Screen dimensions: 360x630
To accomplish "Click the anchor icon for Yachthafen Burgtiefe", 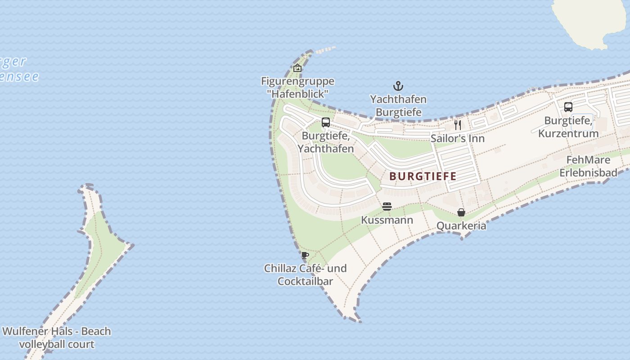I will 398,85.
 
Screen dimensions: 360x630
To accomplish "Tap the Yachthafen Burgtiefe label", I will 398,105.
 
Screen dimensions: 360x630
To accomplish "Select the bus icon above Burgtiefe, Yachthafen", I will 326,122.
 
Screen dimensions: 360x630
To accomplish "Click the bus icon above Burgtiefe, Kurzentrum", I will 568,107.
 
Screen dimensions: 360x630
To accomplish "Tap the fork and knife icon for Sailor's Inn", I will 458,125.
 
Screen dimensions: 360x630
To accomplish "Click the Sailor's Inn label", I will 457,138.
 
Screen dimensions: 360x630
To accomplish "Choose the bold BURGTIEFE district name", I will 423,176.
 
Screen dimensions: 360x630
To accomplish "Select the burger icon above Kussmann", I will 387,207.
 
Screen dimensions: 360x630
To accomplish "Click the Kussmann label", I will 387,220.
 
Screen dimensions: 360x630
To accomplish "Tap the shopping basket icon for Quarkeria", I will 461,212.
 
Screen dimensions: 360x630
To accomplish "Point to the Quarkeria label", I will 461,225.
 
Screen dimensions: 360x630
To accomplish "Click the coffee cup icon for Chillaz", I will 305,255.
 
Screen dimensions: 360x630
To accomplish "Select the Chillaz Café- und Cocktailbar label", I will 305,274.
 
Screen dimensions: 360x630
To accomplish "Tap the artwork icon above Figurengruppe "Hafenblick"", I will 297,68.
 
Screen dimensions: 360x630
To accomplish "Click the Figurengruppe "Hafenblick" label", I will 297,87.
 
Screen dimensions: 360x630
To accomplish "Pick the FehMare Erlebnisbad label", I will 588,166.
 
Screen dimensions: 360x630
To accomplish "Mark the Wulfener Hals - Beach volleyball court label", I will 56,338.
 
